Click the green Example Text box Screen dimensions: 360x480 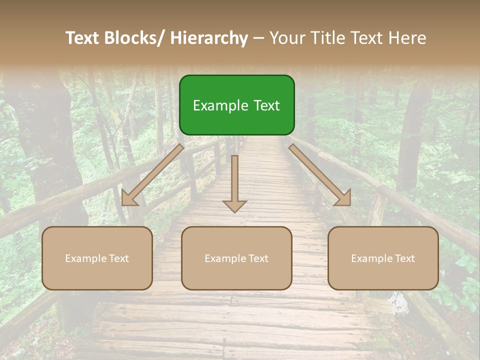pos(236,105)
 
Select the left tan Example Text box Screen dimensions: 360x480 pos(97,258)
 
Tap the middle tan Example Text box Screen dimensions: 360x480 pos(236,258)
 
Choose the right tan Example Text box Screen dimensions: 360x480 pos(383,258)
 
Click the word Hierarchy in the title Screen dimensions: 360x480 pos(209,38)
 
